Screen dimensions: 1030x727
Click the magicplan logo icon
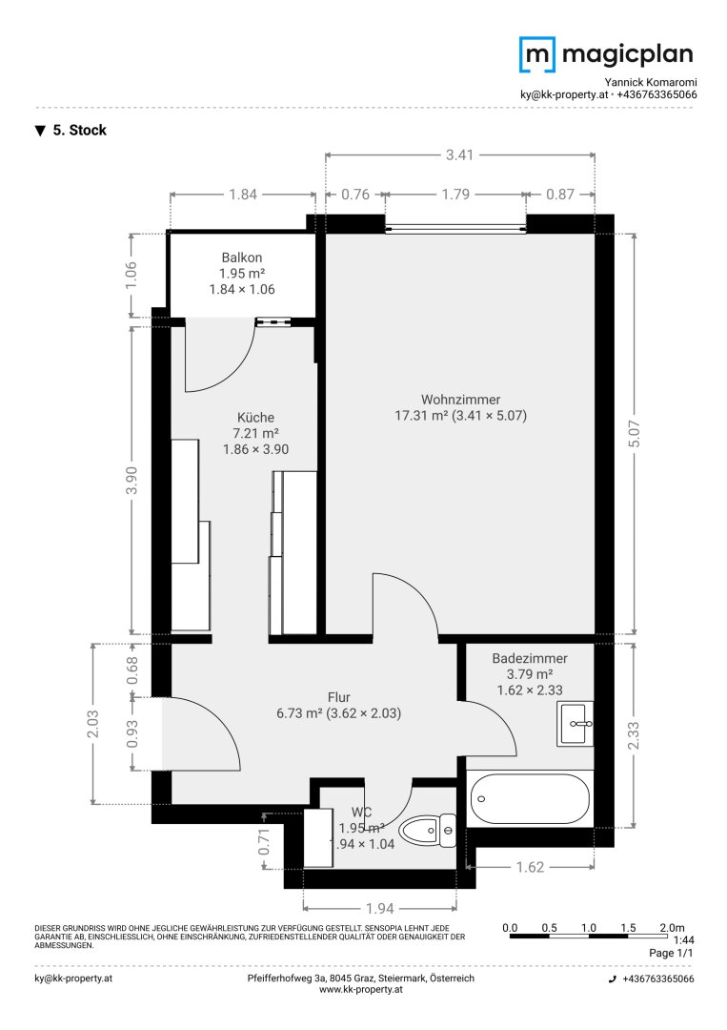(x=536, y=54)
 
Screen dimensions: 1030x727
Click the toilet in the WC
(x=428, y=832)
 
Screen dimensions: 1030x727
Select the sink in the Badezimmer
(x=574, y=724)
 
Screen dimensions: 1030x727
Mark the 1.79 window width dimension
(x=456, y=195)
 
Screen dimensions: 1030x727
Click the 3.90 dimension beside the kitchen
(x=132, y=481)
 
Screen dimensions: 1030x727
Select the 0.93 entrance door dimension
(x=132, y=733)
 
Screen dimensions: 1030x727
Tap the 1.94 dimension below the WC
(x=379, y=908)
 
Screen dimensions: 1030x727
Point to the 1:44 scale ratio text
(x=682, y=939)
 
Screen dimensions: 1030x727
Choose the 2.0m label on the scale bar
(x=672, y=926)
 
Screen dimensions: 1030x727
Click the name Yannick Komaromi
(x=650, y=83)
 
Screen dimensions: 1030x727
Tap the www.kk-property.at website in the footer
(x=362, y=991)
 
